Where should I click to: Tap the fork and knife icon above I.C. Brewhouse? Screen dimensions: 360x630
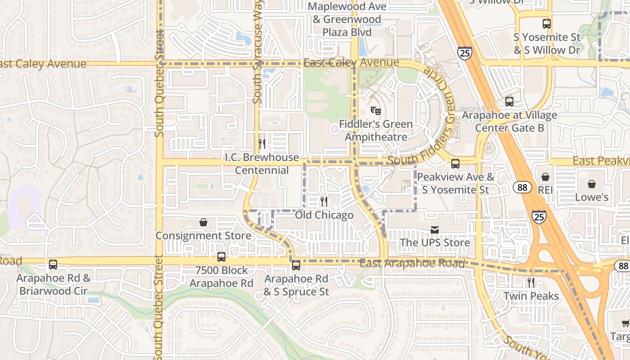[262, 144]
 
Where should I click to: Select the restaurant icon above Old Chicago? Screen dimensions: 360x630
[324, 201]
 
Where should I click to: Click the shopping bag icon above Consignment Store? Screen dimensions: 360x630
[203, 222]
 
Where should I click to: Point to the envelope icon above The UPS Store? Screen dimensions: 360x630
[435, 230]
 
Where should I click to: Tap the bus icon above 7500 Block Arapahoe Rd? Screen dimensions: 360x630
[221, 257]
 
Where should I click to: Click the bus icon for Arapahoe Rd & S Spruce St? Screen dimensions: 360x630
[296, 265]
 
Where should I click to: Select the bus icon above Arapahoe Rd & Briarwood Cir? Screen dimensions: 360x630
[53, 265]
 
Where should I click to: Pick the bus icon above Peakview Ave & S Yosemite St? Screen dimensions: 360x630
[455, 164]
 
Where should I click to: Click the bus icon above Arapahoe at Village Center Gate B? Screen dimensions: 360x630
[509, 102]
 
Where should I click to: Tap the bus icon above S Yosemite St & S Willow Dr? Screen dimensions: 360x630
[547, 24]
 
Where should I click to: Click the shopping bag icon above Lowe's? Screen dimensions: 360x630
[592, 184]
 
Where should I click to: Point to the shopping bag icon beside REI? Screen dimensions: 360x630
[545, 177]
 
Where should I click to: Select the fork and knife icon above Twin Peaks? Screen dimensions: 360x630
[531, 283]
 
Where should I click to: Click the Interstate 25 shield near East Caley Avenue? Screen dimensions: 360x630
[465, 53]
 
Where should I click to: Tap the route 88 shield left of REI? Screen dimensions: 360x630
[522, 187]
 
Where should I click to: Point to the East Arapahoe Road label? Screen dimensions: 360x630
[412, 263]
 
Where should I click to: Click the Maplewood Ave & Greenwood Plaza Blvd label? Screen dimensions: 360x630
[347, 19]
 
